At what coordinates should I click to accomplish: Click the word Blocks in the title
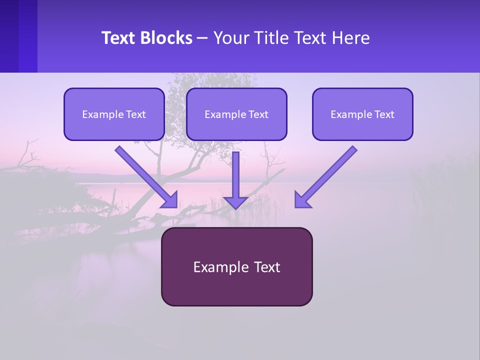(166, 37)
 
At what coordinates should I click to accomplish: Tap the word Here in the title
(350, 37)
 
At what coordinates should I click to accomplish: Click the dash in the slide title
(202, 38)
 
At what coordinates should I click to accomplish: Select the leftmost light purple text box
(114, 114)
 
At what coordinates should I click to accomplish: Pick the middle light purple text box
(236, 114)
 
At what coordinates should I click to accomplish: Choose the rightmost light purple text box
(363, 114)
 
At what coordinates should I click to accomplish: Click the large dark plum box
(237, 266)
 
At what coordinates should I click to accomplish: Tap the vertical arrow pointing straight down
(235, 180)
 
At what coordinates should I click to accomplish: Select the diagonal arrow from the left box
(146, 177)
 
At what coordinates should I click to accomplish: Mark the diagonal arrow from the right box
(326, 177)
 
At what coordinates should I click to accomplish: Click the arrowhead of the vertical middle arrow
(235, 202)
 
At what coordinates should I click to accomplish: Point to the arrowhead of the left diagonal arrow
(170, 201)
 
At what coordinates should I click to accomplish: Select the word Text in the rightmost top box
(384, 114)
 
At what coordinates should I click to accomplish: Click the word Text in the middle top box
(258, 114)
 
